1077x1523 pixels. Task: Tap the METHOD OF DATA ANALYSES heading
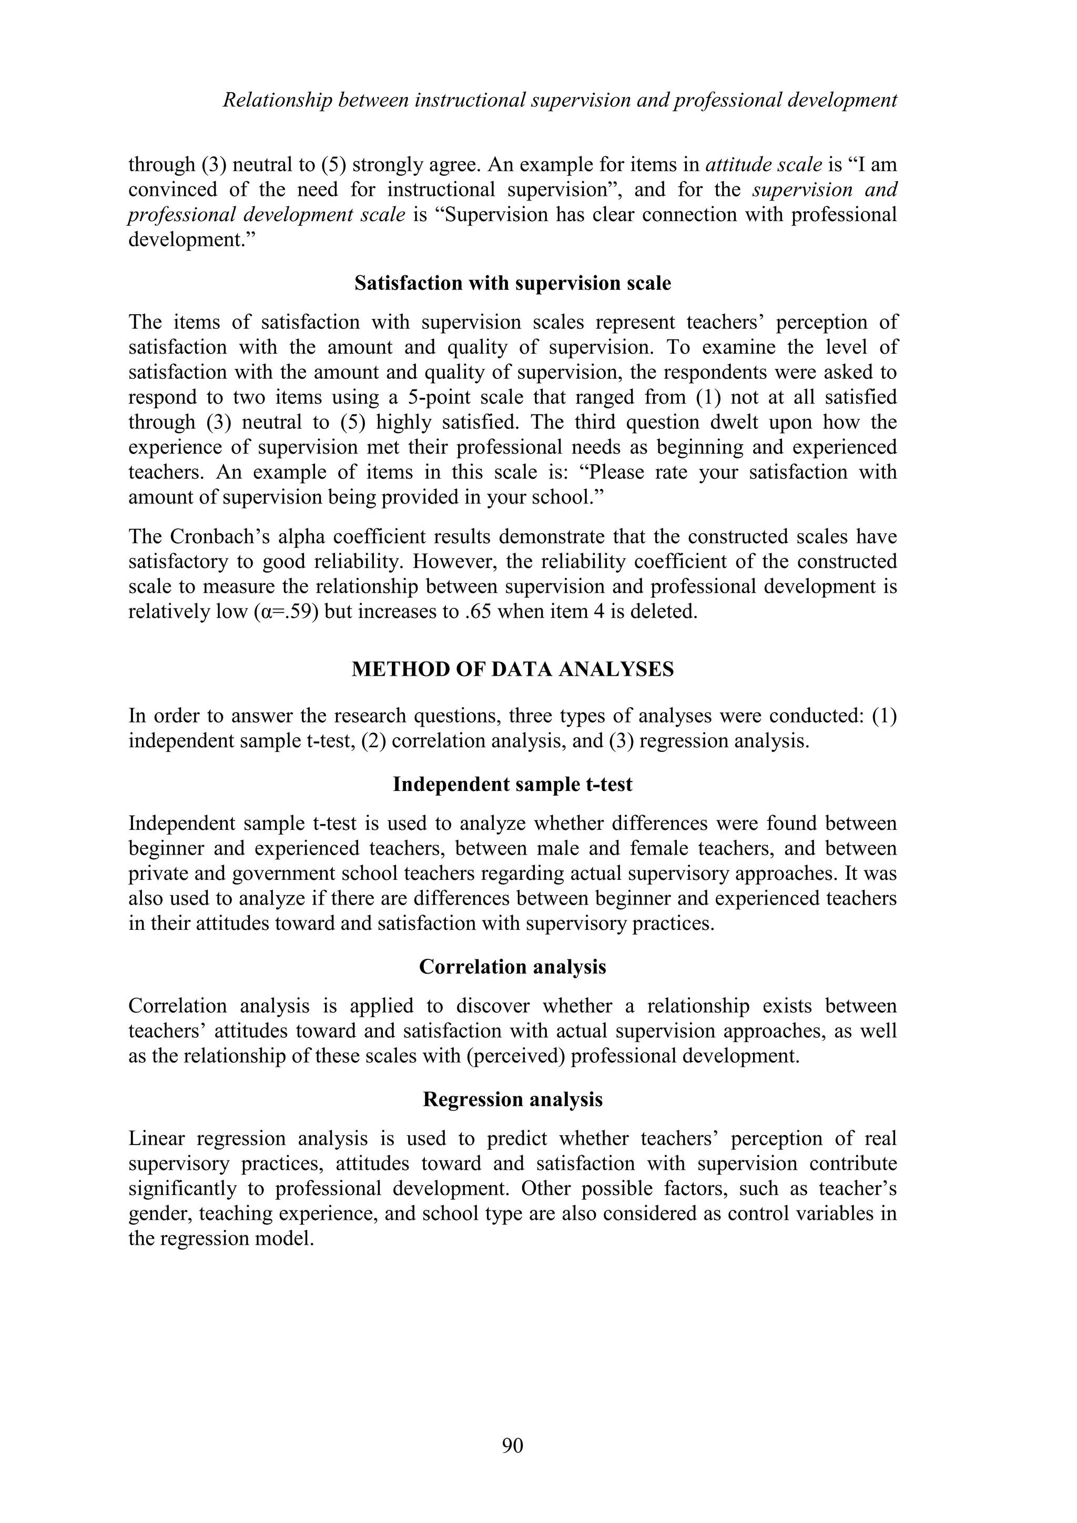click(x=513, y=669)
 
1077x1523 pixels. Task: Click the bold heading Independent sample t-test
click(x=513, y=785)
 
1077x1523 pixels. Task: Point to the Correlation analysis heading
click(x=513, y=967)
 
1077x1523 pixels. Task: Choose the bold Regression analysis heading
click(x=513, y=1099)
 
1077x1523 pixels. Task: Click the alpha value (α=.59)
click(x=287, y=611)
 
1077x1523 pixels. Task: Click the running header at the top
click(x=560, y=100)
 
